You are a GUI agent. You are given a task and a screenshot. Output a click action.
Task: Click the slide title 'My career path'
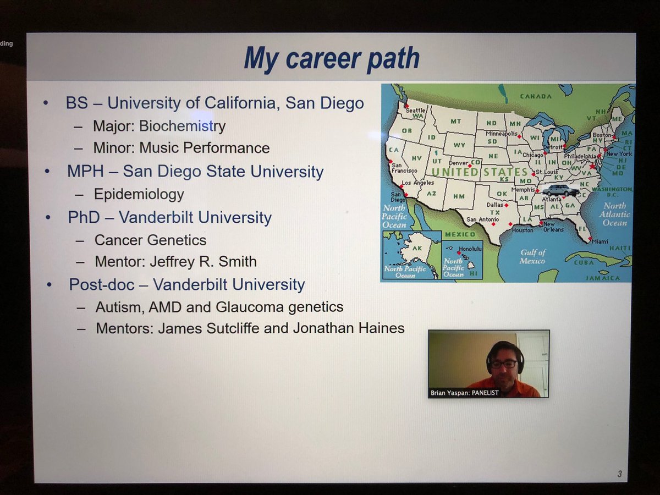331,58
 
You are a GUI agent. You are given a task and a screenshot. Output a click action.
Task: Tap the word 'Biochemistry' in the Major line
182,126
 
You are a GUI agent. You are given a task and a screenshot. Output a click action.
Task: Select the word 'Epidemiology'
139,194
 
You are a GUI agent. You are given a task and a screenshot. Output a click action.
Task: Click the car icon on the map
560,191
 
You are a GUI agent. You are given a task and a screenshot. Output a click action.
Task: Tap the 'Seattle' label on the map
415,110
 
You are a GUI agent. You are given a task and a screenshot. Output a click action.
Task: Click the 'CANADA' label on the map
535,97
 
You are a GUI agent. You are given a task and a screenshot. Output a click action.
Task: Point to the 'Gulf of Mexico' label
533,256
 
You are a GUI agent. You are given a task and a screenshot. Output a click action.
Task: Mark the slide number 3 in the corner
619,474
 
